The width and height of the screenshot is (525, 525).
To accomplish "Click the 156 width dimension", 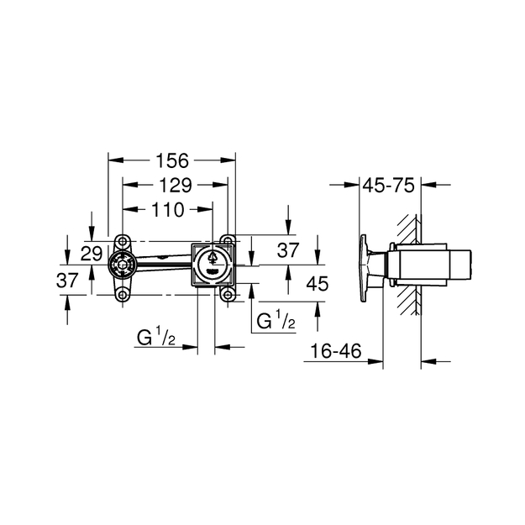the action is tap(172, 160).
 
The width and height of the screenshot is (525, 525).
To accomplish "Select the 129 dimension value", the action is tap(176, 186).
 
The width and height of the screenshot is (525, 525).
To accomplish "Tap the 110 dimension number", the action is tap(167, 210).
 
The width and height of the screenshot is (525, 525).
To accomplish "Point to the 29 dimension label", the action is tap(92, 254).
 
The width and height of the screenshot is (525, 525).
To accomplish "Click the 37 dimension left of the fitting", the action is tap(67, 281).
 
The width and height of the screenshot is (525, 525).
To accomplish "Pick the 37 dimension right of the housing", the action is tap(287, 250).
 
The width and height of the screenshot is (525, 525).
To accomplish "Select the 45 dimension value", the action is tap(318, 284).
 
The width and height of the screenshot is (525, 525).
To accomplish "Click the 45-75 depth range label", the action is tap(389, 186).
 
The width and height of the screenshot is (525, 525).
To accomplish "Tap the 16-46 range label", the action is tap(336, 351).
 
